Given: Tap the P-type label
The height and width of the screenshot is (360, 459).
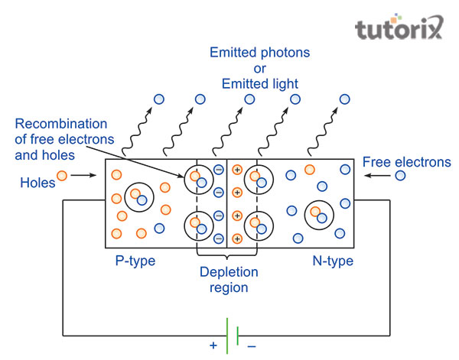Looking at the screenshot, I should (135, 261).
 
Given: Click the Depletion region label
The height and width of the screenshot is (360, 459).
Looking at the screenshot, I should (229, 280).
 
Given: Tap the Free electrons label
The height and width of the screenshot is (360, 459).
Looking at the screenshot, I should (407, 162).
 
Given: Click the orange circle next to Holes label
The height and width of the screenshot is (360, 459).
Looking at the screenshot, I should (63, 176).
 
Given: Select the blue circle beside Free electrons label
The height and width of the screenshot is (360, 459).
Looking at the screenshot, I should (400, 176).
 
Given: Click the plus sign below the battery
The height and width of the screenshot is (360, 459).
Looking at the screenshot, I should (213, 345).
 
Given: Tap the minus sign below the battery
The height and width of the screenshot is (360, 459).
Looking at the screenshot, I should (252, 345).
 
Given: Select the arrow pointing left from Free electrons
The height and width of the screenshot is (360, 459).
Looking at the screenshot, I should (378, 176).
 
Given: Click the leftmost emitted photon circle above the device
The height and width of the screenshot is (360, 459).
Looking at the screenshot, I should (159, 99).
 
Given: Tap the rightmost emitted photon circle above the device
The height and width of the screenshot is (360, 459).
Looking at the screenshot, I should (344, 99).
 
